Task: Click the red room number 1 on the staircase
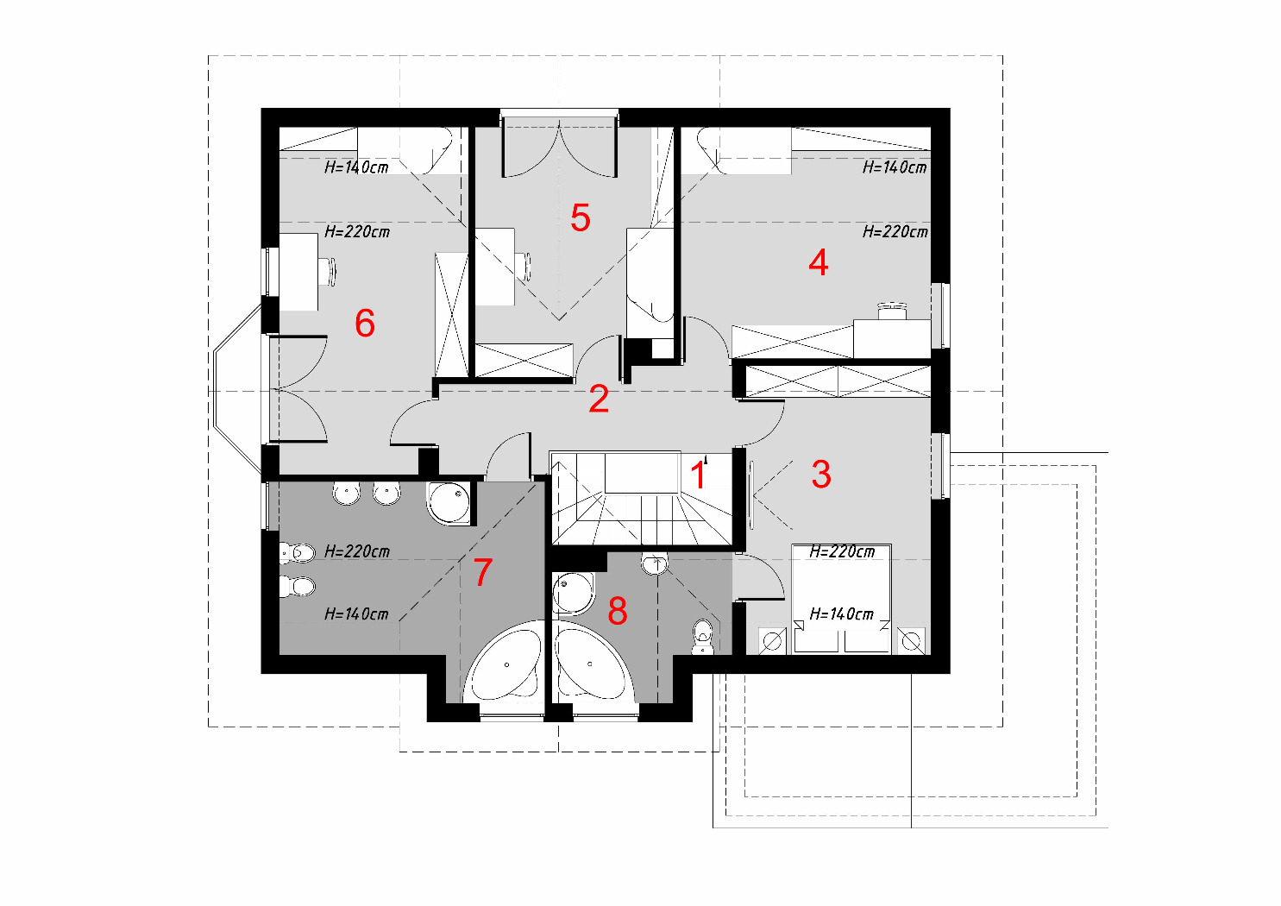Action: [698, 475]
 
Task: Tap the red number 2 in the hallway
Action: [599, 399]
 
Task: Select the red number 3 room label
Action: [821, 475]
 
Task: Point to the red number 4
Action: [819, 262]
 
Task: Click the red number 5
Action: [580, 218]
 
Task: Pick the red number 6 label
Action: [365, 324]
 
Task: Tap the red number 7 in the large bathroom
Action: [483, 572]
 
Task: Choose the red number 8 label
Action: [618, 611]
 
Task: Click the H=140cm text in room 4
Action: [895, 167]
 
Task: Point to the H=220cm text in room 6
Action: [357, 231]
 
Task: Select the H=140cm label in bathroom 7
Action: [356, 614]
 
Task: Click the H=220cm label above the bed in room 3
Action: [842, 552]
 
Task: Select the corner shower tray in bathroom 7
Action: [450, 503]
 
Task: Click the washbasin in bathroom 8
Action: [655, 563]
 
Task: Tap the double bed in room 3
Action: [841, 599]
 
